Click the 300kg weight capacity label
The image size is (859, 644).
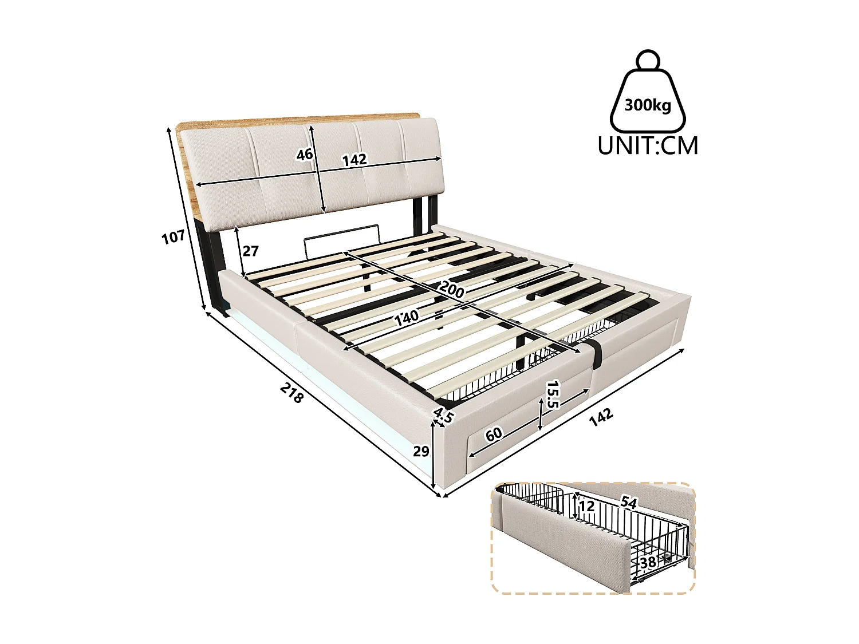pos(648,105)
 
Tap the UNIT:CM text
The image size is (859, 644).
pos(648,146)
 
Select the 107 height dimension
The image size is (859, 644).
pos(173,236)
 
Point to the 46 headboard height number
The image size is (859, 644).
pos(305,154)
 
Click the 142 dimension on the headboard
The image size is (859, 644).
pos(354,160)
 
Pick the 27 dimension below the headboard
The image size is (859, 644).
pos(250,251)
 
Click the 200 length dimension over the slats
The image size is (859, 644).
pos(453,290)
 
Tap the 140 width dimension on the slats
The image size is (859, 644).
pos(407,316)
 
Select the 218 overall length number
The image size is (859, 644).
pos(291,393)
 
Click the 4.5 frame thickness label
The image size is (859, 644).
pos(443,415)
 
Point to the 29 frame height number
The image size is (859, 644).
pos(421,451)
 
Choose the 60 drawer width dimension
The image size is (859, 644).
pos(493,434)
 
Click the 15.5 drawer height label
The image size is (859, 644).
pos(552,394)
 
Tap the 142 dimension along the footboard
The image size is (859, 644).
pos(601,416)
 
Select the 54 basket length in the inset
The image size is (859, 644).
pos(628,503)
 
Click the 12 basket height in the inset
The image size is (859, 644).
pos(586,506)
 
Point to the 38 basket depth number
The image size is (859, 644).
pos(648,562)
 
